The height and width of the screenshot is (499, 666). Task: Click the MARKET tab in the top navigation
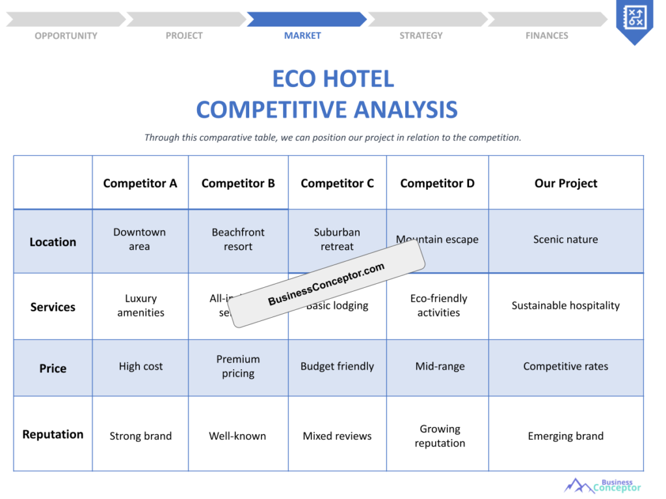pyautogui.click(x=302, y=36)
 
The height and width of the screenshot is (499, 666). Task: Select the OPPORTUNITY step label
pyautogui.click(x=66, y=36)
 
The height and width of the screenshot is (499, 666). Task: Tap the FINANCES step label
pyautogui.click(x=546, y=36)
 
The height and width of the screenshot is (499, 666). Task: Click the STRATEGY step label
pyautogui.click(x=421, y=36)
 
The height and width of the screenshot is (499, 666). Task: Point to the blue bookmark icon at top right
pyautogui.click(x=634, y=19)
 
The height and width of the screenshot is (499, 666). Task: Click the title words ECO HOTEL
pyautogui.click(x=333, y=79)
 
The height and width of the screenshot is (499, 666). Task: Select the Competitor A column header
pyautogui.click(x=140, y=183)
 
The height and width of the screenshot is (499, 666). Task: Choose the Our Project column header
pyautogui.click(x=566, y=183)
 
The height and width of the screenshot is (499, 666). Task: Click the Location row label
pyautogui.click(x=53, y=242)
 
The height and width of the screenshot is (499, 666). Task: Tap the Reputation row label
pyautogui.click(x=53, y=434)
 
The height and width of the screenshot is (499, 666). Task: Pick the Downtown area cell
pyautogui.click(x=140, y=239)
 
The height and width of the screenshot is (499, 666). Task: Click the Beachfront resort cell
pyautogui.click(x=238, y=239)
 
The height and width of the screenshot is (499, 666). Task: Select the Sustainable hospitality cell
pyautogui.click(x=566, y=305)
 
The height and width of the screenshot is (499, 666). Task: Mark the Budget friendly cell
pyautogui.click(x=337, y=366)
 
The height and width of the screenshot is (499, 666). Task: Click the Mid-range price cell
pyautogui.click(x=440, y=366)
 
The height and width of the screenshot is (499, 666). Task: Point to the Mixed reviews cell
pyautogui.click(x=337, y=436)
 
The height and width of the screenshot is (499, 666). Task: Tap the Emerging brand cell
pyautogui.click(x=566, y=436)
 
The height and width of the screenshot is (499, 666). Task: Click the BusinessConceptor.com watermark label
pyautogui.click(x=326, y=285)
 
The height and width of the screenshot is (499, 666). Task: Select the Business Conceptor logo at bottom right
pyautogui.click(x=603, y=485)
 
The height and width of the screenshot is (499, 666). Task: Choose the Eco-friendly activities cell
pyautogui.click(x=439, y=305)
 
